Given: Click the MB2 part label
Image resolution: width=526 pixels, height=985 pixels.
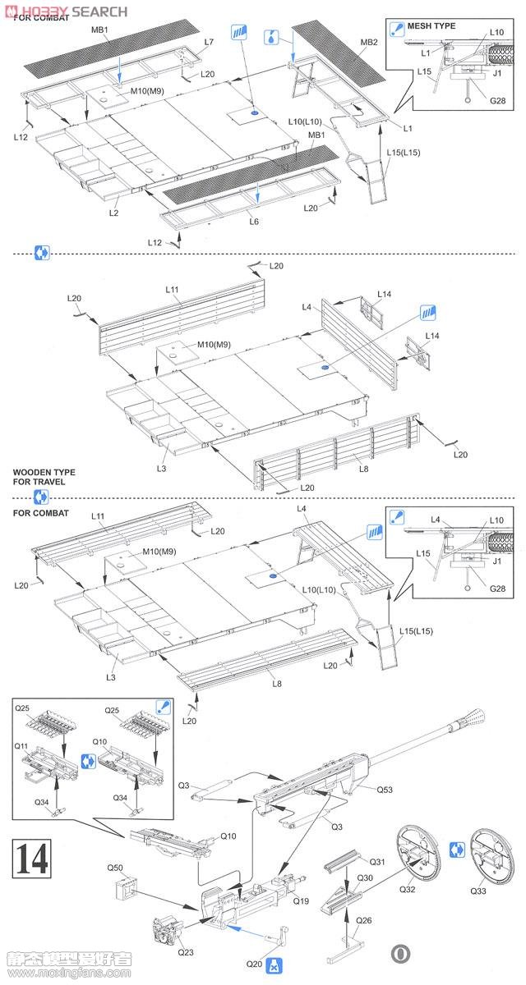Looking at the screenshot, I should (368, 42).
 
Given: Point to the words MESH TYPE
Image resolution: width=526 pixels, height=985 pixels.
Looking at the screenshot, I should (434, 26).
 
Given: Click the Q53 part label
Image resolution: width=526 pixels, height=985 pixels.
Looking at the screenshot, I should (385, 790).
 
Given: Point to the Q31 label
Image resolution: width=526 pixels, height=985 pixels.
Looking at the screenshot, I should (377, 861).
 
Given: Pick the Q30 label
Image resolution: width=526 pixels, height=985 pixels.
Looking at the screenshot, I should (364, 877).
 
